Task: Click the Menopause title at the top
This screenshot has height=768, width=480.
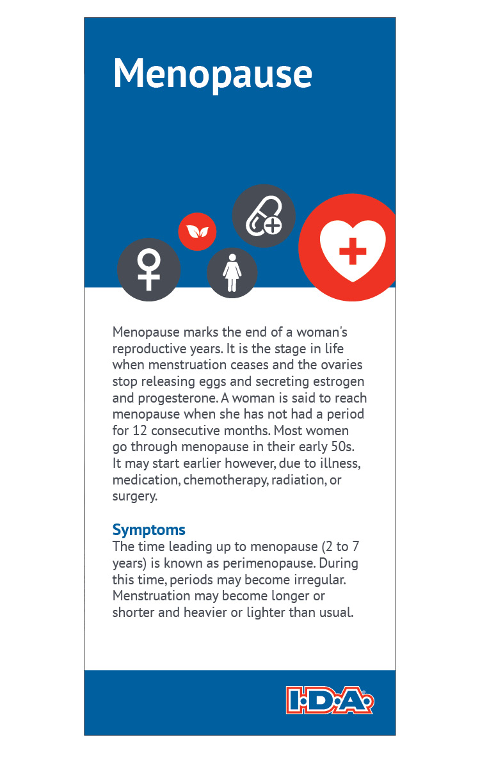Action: point(212,74)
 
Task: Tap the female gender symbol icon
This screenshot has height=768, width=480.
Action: point(148,269)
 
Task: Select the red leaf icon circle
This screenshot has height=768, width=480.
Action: point(197,231)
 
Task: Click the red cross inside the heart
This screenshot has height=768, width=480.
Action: point(353,251)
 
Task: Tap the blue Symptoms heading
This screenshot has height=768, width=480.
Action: point(148,530)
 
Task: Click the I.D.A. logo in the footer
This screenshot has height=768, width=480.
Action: point(329,700)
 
